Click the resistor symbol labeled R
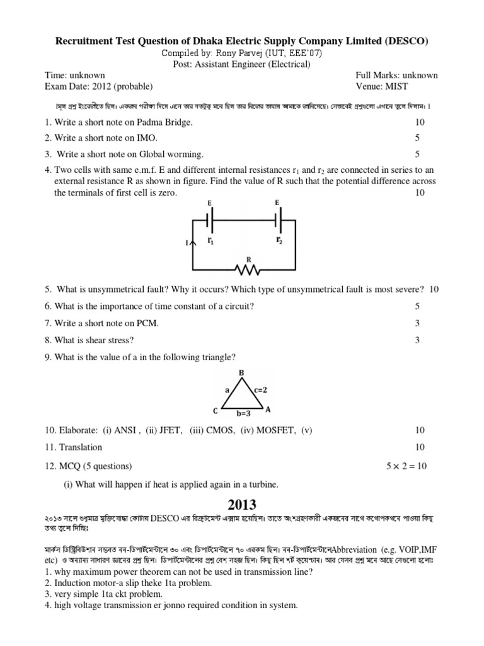pyautogui.click(x=247, y=269)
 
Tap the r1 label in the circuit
pyautogui.click(x=210, y=240)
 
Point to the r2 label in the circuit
pyautogui.click(x=278, y=240)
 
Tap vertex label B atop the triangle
pyautogui.click(x=241, y=373)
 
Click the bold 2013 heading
pyautogui.click(x=241, y=505)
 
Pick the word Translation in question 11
pyautogui.click(x=80, y=447)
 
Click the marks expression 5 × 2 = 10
pyautogui.click(x=406, y=467)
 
